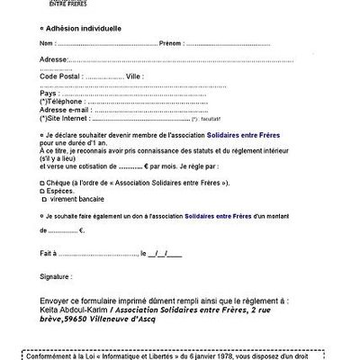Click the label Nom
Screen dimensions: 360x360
pyautogui.click(x=48, y=43)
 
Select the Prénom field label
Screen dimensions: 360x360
pyautogui.click(x=171, y=43)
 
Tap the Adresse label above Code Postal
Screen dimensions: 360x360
pyautogui.click(x=55, y=59)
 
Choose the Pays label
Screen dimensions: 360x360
pyautogui.click(x=49, y=93)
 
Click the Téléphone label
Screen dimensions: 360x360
pyautogui.click(x=61, y=102)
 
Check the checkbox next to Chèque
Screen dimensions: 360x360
pyautogui.click(x=42, y=183)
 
